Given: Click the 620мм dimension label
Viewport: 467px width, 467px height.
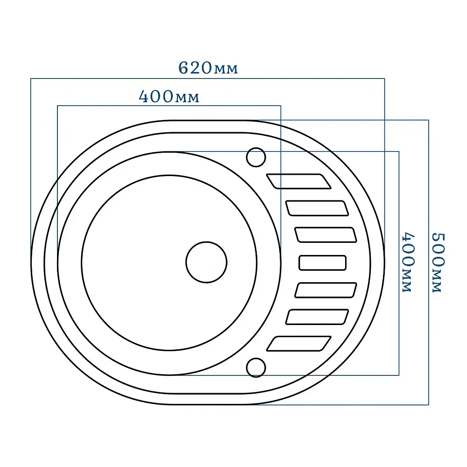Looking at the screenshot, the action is point(208,68).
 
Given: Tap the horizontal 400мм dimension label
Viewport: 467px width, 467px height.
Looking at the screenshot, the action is point(169,97).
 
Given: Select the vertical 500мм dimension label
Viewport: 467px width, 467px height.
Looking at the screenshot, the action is point(438,262).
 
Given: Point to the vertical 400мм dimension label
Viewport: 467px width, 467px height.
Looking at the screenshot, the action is point(408,262).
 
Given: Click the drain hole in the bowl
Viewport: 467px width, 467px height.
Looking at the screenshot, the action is point(206,262).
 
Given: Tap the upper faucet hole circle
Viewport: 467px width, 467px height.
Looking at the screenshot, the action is point(256,157).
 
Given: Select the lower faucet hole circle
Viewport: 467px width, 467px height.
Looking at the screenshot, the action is point(256,368).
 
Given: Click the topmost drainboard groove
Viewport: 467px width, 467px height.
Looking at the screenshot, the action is point(298,181).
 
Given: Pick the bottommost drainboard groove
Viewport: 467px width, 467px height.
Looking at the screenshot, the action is point(298,344).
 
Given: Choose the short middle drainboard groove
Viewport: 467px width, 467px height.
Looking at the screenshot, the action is point(323,262).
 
